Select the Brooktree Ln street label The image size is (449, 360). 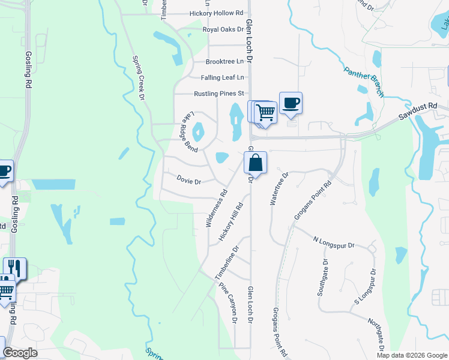(225, 62)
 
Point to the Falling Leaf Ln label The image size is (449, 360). (223, 77)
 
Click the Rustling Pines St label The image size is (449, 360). (219, 94)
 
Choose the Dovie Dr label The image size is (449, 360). (188, 181)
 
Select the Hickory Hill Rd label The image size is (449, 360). (231, 222)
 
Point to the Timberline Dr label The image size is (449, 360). (228, 262)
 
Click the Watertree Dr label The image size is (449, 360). (279, 188)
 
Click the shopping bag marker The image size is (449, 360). (255, 163)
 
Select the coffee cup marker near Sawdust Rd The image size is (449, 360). (291, 104)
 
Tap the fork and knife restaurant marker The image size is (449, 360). (15, 268)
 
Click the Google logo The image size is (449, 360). (20, 353)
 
